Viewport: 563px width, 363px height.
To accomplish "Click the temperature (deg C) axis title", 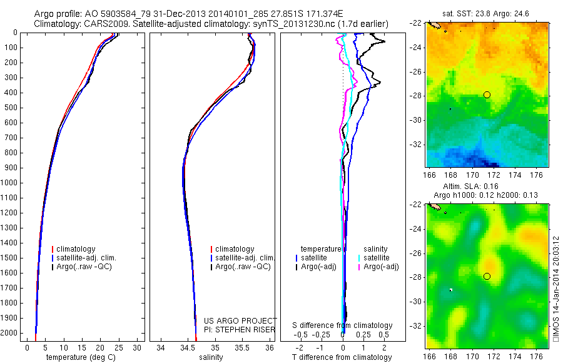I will point(81,357).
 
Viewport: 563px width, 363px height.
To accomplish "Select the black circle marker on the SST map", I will point(487,95).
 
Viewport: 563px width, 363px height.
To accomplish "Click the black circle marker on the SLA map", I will point(487,276).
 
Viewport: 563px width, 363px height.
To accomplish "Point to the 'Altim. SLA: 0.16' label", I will point(487,187).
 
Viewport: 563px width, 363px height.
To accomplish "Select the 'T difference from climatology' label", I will point(343,357).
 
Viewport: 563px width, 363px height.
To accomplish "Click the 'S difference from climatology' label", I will point(343,325).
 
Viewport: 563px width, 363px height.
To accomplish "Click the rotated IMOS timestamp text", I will point(556,288).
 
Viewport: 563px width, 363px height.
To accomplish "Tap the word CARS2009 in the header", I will point(104,24).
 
